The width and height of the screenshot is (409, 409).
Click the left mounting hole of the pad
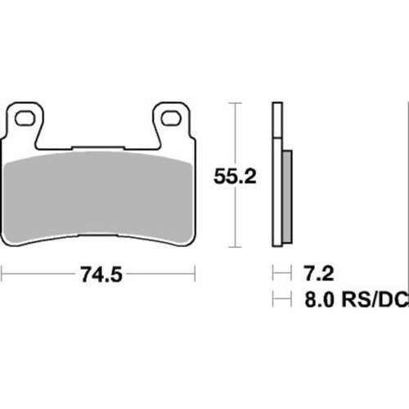(26, 118)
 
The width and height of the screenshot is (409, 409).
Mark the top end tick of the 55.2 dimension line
(236, 104)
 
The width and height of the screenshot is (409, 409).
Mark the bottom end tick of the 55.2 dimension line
(236, 246)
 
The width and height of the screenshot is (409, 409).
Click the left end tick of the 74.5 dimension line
(2, 276)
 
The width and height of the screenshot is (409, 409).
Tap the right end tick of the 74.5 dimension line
(197, 276)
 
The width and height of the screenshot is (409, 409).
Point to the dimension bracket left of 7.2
(281, 271)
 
